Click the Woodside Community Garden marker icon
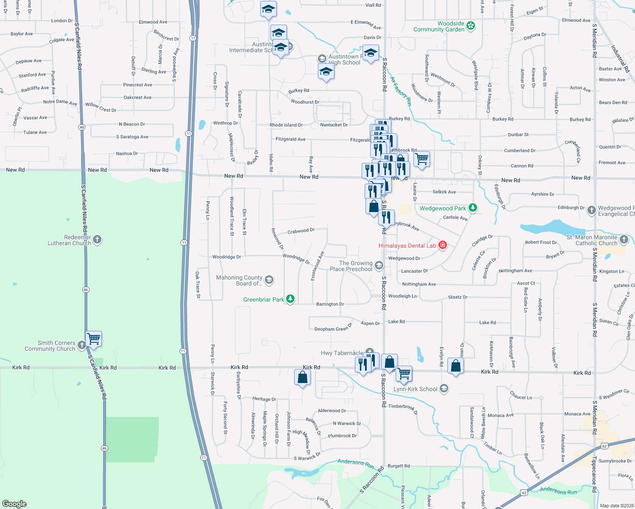(470, 26)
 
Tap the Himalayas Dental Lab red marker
(443, 245)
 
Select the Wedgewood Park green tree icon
(472, 208)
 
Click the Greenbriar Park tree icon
(290, 299)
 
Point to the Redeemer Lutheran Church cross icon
(97, 240)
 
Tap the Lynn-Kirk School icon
(444, 389)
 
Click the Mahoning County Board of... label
(239, 280)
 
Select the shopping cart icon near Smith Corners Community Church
(93, 339)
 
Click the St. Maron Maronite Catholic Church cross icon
(624, 240)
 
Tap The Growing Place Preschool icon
(379, 266)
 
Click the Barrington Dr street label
(330, 304)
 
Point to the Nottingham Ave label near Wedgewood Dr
(419, 284)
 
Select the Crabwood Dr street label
(301, 231)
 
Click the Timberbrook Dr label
(403, 409)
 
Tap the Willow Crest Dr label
(101, 107)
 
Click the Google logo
(14, 503)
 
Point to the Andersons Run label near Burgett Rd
(356, 464)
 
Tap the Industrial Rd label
(620, 59)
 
